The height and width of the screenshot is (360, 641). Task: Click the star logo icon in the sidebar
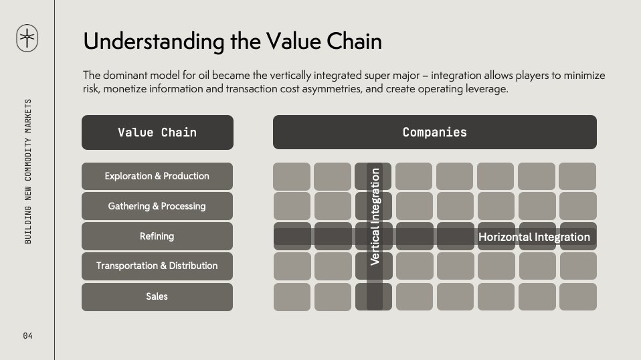coord(27,38)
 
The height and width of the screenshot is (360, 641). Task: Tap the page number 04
coord(28,336)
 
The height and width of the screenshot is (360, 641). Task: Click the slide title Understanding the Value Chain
coord(232,41)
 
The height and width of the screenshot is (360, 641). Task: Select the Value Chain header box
coord(157,132)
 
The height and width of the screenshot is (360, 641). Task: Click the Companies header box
coord(434,132)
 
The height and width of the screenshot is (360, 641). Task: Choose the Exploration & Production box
coord(157,176)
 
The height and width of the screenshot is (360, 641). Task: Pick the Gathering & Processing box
coord(157,206)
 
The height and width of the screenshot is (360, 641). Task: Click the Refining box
coord(157,236)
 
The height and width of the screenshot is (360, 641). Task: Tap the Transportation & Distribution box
coord(157,266)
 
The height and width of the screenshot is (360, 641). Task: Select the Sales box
coord(157,297)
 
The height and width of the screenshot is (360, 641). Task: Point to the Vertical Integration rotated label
coord(375,217)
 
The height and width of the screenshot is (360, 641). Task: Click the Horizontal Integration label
coord(534,237)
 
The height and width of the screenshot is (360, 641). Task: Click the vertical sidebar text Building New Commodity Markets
coord(28,171)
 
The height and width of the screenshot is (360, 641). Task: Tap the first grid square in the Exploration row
coord(292,177)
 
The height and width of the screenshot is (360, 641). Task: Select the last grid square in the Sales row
coord(578,297)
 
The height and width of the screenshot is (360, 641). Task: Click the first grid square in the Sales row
coord(292,297)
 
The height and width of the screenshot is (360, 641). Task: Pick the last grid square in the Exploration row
coord(577,177)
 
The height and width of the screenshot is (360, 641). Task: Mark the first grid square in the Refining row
coord(292,236)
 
